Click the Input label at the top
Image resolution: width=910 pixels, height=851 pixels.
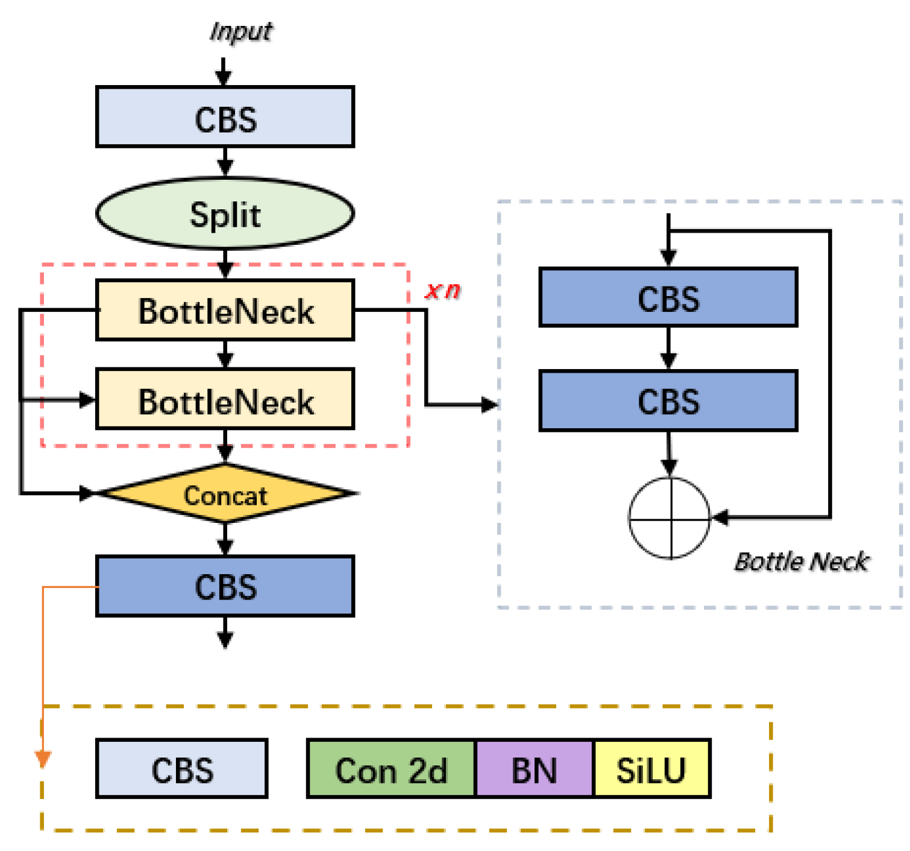pos(240,31)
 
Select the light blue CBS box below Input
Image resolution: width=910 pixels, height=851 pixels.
pos(225,117)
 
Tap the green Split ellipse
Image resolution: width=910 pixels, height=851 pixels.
pos(225,214)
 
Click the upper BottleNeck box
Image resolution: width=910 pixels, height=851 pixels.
pos(225,311)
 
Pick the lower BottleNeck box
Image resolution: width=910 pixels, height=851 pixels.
pos(225,400)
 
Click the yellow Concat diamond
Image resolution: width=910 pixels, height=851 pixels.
pos(225,494)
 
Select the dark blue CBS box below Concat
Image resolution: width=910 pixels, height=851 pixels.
pos(225,586)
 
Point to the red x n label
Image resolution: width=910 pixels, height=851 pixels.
pos(443,291)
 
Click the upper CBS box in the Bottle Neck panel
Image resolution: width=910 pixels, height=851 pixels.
pos(668,298)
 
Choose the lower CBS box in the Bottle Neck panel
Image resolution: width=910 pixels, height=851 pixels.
pos(668,401)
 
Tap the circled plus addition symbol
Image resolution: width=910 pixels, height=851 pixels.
pos(670,518)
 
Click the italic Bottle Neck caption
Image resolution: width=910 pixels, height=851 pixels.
pos(802,562)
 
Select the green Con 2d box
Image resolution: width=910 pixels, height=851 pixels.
pos(391,770)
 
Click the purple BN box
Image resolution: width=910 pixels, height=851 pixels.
pos(534,770)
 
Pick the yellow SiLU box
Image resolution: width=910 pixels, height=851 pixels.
pos(651,770)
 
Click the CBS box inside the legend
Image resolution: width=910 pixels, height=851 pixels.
pos(182,770)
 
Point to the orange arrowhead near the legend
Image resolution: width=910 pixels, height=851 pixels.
pos(43,758)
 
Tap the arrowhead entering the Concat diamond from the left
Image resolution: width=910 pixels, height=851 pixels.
pos(88,493)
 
